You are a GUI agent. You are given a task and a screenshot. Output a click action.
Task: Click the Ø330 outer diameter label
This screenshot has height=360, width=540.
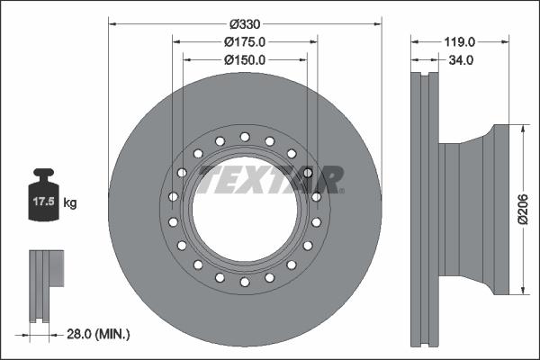[244, 22]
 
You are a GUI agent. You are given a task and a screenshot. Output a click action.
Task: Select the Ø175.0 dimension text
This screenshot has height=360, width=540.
[244, 41]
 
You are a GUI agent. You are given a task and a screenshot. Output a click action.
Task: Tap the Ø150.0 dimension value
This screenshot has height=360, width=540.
[244, 60]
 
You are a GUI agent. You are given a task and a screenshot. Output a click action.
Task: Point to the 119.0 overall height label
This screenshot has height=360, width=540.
[459, 41]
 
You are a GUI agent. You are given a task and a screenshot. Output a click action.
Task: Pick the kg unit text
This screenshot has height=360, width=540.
[70, 203]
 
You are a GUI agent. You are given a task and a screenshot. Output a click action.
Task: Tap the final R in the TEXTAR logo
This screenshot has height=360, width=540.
[329, 179]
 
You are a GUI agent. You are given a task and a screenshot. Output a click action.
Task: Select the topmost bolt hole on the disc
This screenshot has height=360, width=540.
[244, 136]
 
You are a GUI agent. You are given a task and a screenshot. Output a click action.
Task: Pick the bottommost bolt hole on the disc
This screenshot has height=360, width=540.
[244, 284]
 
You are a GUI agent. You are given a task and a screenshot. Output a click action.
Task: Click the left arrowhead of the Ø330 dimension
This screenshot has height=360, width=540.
[112, 22]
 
